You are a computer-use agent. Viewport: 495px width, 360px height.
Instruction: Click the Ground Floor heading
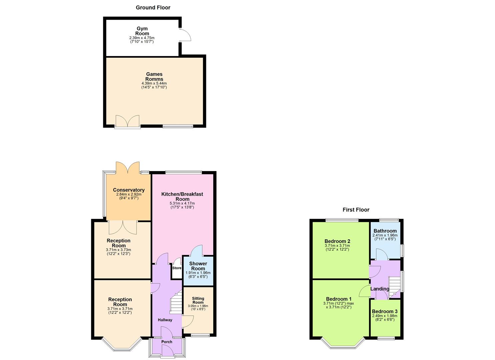click(x=153, y=7)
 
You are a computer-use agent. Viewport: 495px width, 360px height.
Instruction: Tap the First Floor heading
click(x=356, y=210)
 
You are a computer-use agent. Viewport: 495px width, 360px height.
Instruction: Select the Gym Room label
click(x=142, y=31)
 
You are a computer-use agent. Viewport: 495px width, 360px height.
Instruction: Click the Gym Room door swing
click(x=185, y=35)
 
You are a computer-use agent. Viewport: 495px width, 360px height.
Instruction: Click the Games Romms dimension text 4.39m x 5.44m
click(x=154, y=83)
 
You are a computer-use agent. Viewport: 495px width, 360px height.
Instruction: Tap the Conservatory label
click(x=129, y=190)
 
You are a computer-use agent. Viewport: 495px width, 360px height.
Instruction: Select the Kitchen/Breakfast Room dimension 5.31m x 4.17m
click(x=182, y=203)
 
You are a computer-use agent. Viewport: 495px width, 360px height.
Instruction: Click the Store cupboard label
click(x=177, y=268)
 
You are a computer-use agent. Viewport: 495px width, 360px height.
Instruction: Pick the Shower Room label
click(x=198, y=266)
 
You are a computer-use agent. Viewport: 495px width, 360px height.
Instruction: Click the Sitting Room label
click(x=198, y=300)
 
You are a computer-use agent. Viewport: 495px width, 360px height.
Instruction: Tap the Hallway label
click(x=165, y=320)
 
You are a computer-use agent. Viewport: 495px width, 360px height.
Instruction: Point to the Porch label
click(x=167, y=342)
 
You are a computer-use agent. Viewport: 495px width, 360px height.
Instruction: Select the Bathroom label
click(x=385, y=231)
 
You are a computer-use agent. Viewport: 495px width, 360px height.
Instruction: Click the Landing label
click(x=380, y=289)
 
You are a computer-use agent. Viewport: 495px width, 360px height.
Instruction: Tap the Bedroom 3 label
click(x=385, y=312)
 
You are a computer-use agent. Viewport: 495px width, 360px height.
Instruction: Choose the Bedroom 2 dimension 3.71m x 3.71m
click(x=337, y=246)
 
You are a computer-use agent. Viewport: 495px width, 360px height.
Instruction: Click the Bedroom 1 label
click(x=339, y=299)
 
